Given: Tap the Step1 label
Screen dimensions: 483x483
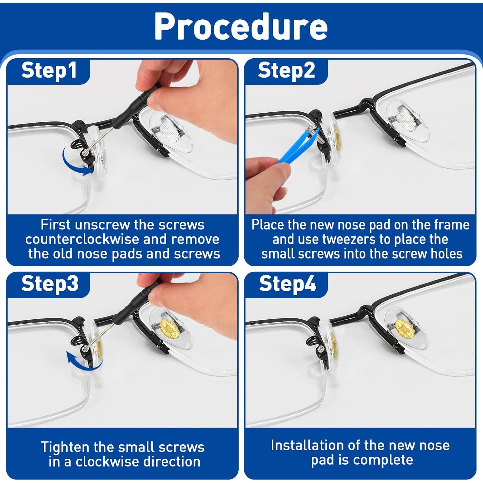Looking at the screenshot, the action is click(x=49, y=71).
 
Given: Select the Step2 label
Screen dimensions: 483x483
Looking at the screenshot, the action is click(x=286, y=71).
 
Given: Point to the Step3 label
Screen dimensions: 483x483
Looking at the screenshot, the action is click(x=50, y=284).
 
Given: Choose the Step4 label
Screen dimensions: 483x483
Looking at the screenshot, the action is click(x=288, y=284).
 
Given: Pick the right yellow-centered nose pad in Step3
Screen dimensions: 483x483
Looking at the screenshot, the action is click(x=171, y=330).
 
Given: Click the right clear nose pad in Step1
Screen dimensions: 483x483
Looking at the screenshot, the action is click(x=171, y=132).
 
